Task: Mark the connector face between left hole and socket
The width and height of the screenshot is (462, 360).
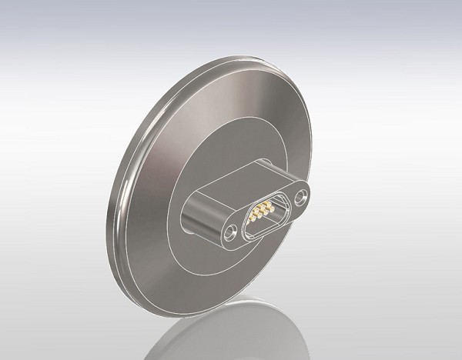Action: click(x=242, y=224)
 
